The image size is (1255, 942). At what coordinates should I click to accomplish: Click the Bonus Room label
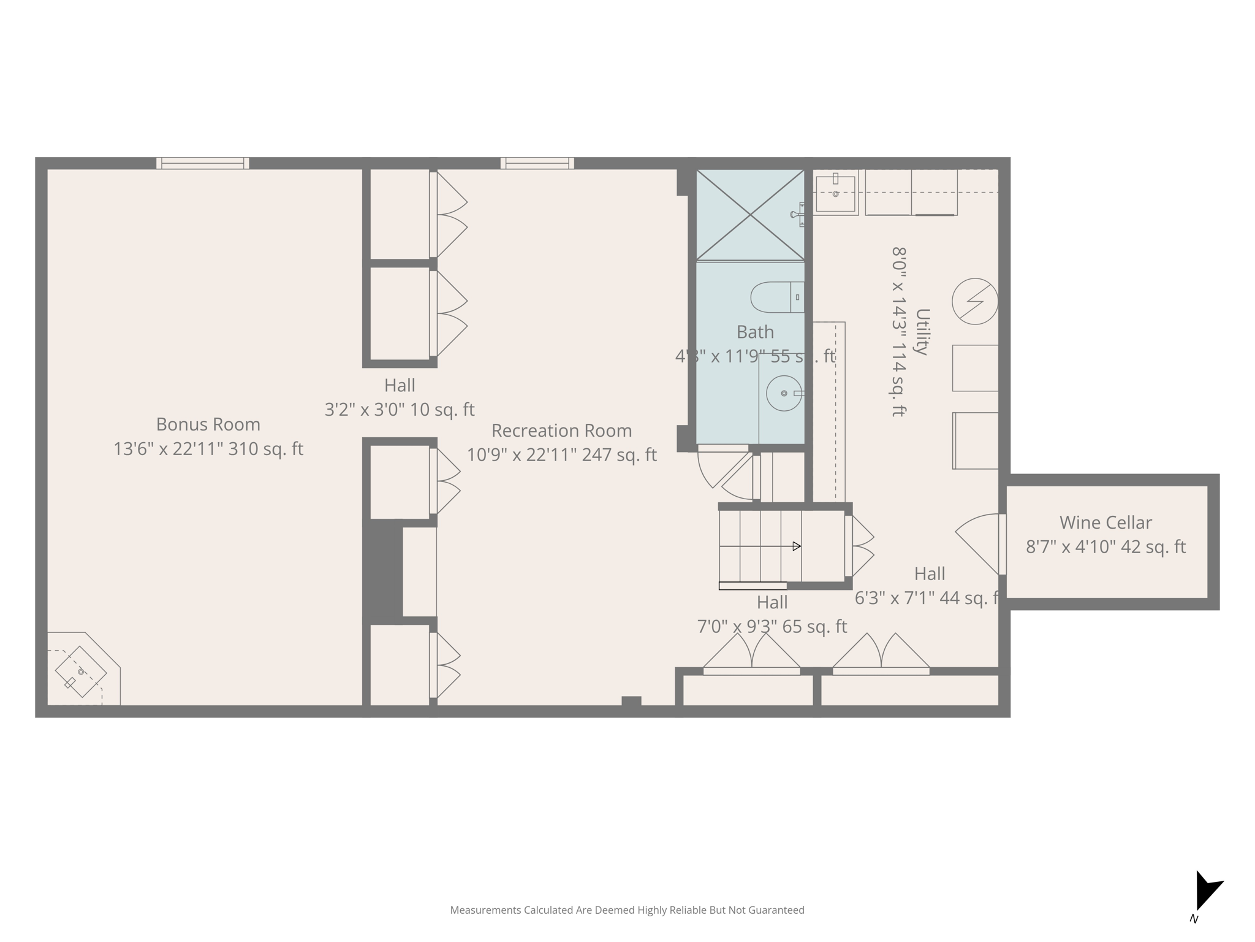[x=208, y=424]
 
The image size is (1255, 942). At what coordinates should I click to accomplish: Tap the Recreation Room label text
[x=561, y=431]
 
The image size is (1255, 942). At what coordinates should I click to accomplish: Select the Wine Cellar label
[x=1105, y=523]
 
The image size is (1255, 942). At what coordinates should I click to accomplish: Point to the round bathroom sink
[x=784, y=393]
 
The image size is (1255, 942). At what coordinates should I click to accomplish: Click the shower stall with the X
[x=750, y=215]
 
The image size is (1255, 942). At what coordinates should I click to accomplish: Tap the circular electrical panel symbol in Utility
[x=974, y=301]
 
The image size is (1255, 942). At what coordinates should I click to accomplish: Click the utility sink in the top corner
[x=835, y=193]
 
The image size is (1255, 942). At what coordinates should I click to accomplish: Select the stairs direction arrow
[x=760, y=546]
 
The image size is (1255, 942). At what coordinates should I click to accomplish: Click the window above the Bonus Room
[x=202, y=163]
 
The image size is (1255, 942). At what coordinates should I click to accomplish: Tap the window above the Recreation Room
[x=537, y=163]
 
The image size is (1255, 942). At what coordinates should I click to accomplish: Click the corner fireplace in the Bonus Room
[x=81, y=672]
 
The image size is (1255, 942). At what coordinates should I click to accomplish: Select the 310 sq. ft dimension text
[x=265, y=449]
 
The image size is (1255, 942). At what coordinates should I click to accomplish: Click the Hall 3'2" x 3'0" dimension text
[x=400, y=410]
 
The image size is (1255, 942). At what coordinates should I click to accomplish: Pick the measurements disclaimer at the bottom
[x=627, y=910]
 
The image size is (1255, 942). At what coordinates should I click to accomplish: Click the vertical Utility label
[x=922, y=332]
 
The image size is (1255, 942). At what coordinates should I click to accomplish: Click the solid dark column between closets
[x=383, y=570]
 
